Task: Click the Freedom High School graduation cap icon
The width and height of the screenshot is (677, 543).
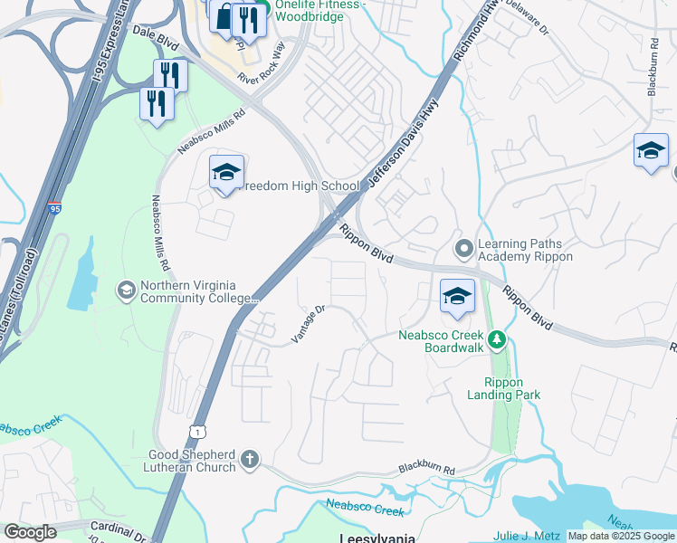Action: tap(226, 172)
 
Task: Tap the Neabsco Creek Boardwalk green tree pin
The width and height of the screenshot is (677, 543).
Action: tap(496, 341)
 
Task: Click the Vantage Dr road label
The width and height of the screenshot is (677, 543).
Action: tap(308, 324)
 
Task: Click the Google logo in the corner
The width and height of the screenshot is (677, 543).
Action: tap(30, 532)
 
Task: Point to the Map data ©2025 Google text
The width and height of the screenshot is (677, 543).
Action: tap(621, 536)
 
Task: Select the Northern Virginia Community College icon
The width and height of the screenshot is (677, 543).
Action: tap(126, 291)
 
